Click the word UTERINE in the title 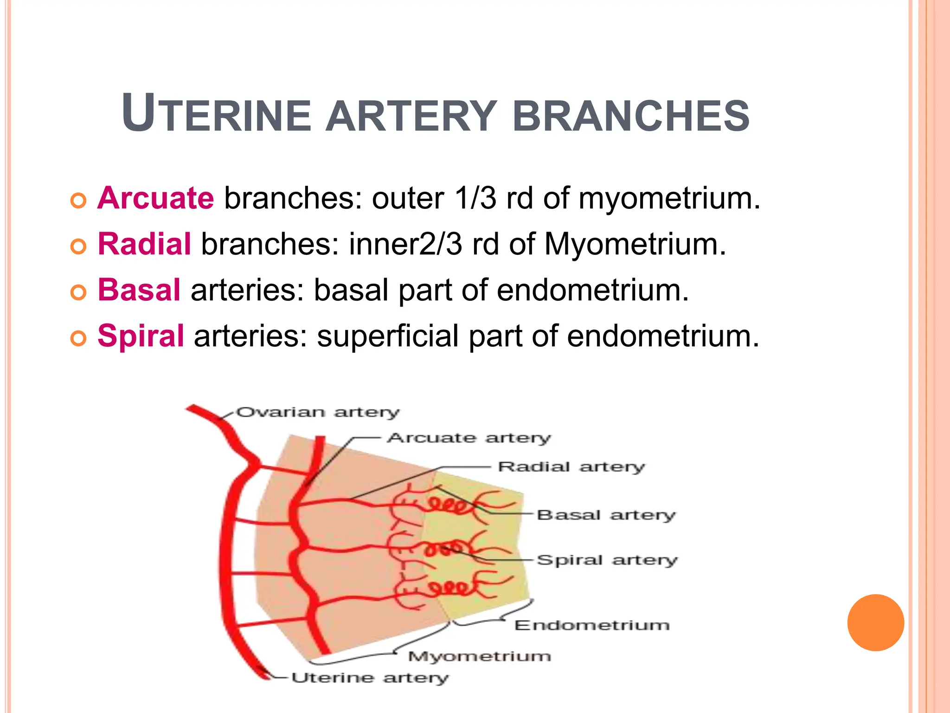click(x=216, y=114)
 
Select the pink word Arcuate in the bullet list click(x=156, y=198)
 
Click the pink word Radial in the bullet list click(x=144, y=244)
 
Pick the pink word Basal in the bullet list click(x=139, y=290)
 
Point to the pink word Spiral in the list click(x=141, y=336)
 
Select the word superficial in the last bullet click(x=388, y=336)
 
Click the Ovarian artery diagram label click(x=318, y=412)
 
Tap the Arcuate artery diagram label click(x=469, y=438)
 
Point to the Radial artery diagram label click(x=571, y=467)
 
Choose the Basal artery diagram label click(x=606, y=515)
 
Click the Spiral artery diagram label click(x=607, y=560)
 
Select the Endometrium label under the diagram click(x=592, y=625)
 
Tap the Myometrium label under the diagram click(x=480, y=656)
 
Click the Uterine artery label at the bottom click(x=370, y=678)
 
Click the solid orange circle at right click(x=875, y=622)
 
